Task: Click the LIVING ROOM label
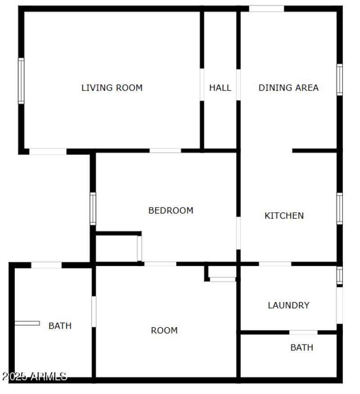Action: click(x=112, y=88)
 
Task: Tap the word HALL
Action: click(x=220, y=88)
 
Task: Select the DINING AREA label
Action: click(x=288, y=88)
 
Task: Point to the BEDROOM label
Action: click(x=171, y=210)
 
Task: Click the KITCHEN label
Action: click(x=284, y=216)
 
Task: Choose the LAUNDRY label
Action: click(x=288, y=305)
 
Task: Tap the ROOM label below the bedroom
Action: click(x=164, y=331)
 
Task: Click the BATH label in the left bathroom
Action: click(x=60, y=326)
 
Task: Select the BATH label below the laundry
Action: click(x=301, y=348)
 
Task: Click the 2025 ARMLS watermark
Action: click(x=34, y=376)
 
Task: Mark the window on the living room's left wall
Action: click(x=21, y=81)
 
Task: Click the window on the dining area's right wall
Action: click(x=340, y=80)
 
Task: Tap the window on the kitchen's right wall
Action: click(x=340, y=208)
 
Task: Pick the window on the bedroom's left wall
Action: click(x=93, y=208)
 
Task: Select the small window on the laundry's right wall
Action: click(x=340, y=275)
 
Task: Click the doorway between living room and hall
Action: click(x=202, y=84)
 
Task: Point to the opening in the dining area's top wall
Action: click(x=266, y=9)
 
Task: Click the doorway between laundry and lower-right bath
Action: click(x=303, y=332)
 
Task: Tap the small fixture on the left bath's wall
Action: click(x=27, y=323)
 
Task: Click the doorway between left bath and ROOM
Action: click(x=94, y=311)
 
